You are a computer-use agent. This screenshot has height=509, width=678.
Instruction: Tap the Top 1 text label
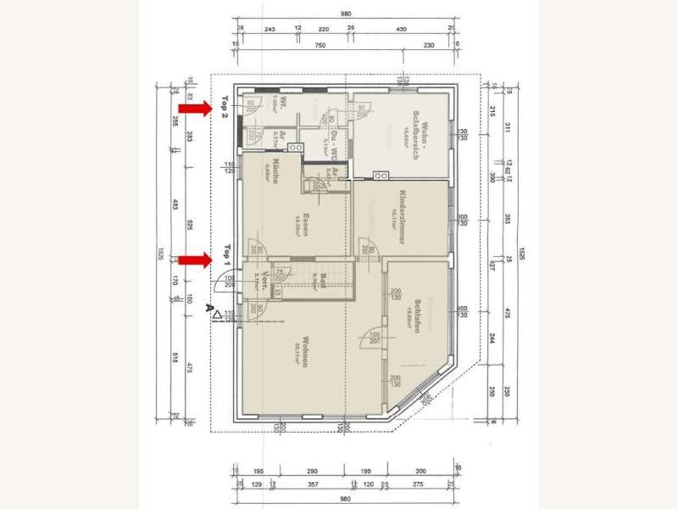226,256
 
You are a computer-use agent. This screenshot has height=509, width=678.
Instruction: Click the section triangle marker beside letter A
218,314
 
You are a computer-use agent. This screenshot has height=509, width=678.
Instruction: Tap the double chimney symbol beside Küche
296,148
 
